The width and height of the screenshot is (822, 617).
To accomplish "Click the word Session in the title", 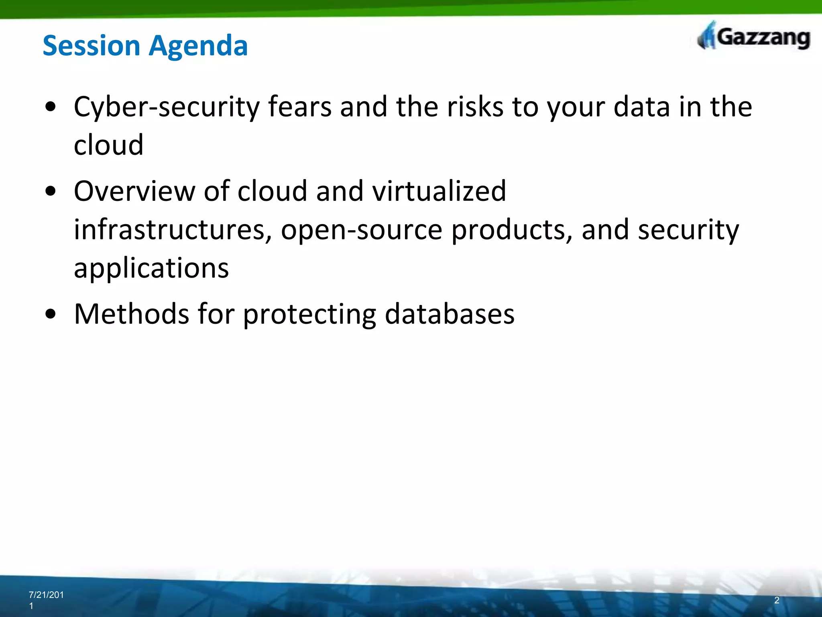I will coord(91,45).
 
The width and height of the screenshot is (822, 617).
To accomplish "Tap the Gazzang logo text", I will coord(763,38).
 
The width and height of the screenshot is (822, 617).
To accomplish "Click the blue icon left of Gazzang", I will coord(707,36).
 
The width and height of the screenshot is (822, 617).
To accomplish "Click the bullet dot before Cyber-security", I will coord(51,107).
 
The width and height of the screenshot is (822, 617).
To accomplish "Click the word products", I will coord(512,230).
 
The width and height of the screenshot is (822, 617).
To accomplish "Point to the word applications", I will coord(151,269).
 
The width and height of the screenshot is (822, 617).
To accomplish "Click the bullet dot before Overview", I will coord(51,191).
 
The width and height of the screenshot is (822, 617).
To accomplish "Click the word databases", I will coord(449,314).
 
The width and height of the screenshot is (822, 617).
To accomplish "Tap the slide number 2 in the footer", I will coord(777,600).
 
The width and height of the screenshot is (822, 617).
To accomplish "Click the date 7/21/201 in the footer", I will coord(46,595).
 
